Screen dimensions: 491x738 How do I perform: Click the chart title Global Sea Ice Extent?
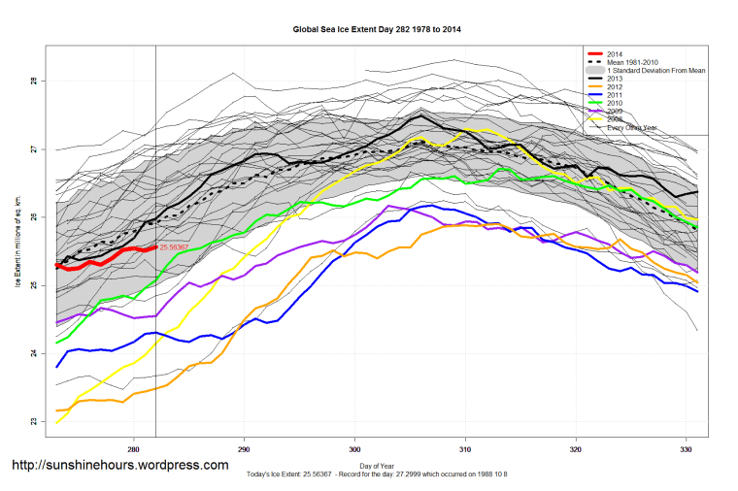377,29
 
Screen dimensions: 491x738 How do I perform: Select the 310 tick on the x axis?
465,449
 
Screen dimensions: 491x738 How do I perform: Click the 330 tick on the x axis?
687,449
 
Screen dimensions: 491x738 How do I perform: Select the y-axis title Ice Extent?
17,251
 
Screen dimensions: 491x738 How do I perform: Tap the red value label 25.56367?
176,247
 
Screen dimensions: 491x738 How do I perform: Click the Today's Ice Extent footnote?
377,475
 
